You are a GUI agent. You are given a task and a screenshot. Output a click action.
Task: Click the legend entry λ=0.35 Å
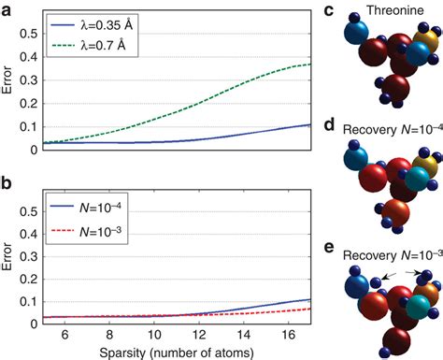pos(112,19)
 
